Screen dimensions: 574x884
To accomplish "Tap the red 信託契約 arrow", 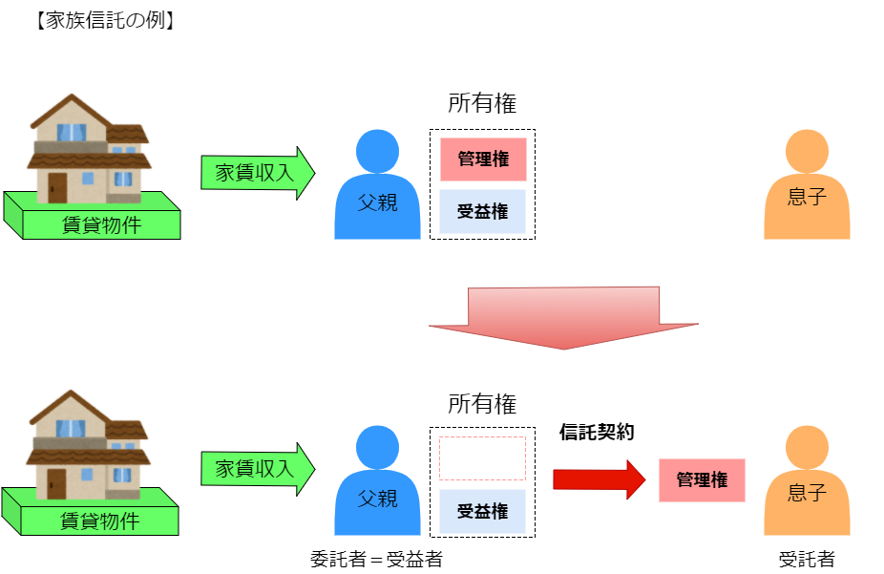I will point(600,478).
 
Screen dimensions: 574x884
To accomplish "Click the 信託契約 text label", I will point(597,432).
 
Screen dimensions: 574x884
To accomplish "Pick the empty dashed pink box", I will point(482,458).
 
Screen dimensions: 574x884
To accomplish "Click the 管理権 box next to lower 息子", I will point(702,480).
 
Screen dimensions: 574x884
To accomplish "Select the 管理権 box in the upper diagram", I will point(483,159).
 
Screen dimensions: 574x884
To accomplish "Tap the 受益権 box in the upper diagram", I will point(483,212).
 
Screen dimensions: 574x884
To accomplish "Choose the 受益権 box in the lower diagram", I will point(483,511).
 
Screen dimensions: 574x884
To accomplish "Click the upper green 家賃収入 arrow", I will point(258,173).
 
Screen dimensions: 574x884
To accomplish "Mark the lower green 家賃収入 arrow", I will point(258,469).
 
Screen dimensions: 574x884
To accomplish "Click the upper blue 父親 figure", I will point(377,191).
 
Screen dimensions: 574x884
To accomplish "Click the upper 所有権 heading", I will point(482,104).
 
